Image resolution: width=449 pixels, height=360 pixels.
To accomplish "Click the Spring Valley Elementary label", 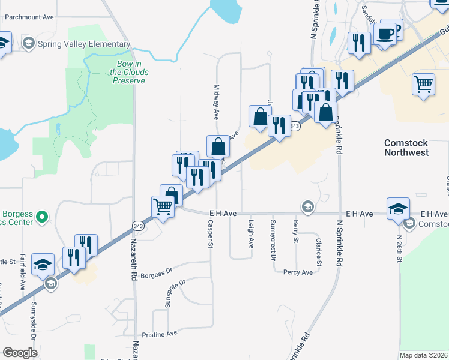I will (83, 44).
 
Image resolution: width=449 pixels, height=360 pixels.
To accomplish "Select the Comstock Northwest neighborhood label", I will (415, 148).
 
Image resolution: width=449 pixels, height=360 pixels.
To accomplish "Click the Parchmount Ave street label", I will (29, 17).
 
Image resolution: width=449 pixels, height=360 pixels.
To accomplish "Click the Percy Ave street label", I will (298, 272).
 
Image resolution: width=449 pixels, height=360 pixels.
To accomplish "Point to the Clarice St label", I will (318, 252).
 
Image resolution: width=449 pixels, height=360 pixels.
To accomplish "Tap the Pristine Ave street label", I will (160, 334).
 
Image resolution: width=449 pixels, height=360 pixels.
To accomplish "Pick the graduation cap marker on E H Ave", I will (399, 208).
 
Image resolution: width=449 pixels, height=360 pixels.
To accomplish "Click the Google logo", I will (20, 353).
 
